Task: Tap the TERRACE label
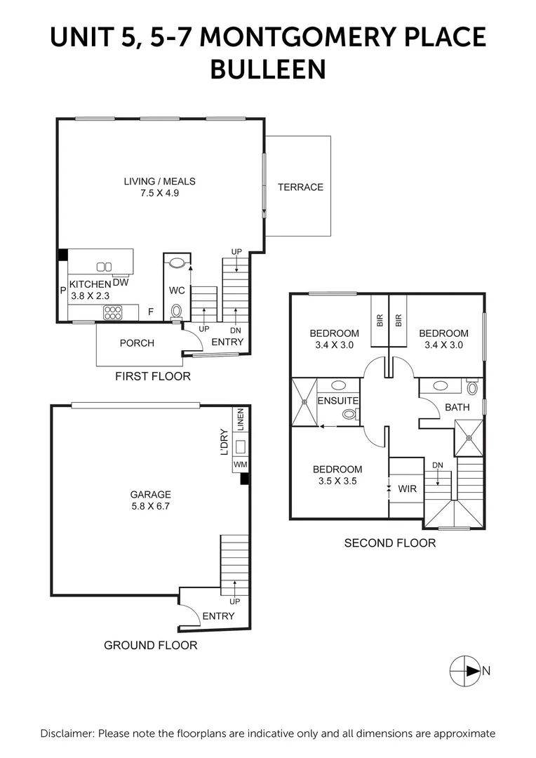300,187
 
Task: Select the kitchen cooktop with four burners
113,312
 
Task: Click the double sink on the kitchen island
104,266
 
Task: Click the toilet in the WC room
177,310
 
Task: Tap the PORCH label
137,343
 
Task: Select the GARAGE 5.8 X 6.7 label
150,500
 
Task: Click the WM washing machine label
239,464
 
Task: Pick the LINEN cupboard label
240,420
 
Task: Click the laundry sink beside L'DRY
239,446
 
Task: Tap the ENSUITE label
338,401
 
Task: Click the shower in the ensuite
304,402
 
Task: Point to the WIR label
407,488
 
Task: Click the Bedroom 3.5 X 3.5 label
337,475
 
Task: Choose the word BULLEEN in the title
268,69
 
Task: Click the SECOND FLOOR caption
389,543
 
